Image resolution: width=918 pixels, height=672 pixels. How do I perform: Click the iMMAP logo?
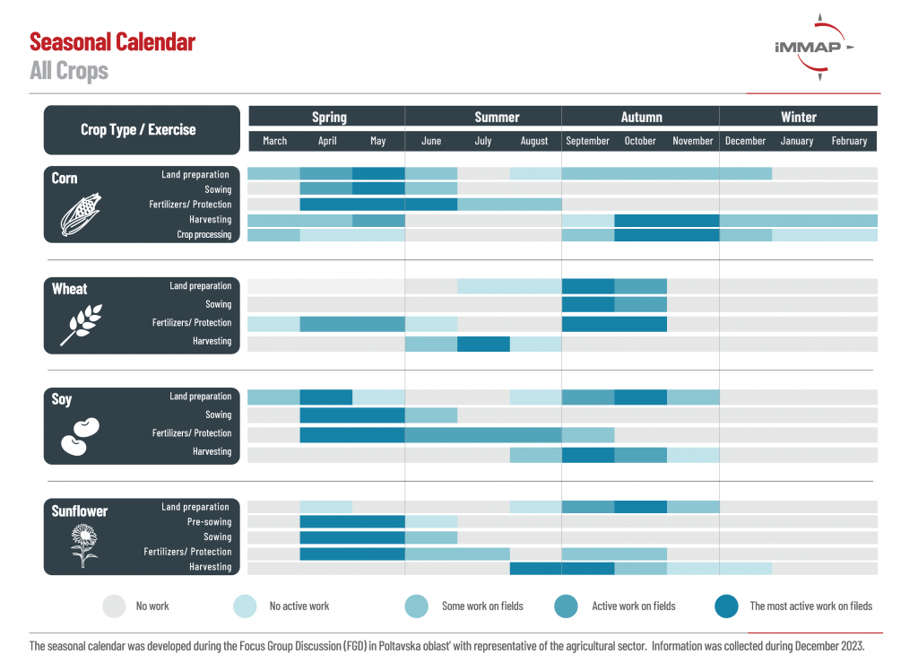tap(814, 47)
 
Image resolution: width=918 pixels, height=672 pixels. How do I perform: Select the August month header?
tap(534, 141)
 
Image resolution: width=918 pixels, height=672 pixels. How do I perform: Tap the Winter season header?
tap(799, 118)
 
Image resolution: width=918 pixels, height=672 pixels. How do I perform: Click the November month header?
tap(693, 141)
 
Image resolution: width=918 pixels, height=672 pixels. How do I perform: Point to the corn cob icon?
tap(81, 214)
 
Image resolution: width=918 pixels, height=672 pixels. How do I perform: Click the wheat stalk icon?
tap(81, 325)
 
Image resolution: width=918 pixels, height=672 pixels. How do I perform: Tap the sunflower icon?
tap(83, 545)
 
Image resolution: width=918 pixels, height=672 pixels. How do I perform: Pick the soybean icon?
tap(80, 436)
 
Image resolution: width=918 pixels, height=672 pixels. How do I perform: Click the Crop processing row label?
tap(204, 234)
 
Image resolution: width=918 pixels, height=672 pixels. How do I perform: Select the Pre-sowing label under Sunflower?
tap(209, 521)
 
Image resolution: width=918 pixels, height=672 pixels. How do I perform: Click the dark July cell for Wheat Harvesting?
tap(483, 344)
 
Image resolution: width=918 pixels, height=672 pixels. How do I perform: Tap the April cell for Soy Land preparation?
tap(326, 397)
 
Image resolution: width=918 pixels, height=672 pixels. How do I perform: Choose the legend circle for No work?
tap(114, 607)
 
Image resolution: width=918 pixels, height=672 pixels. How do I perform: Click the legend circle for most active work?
tap(726, 607)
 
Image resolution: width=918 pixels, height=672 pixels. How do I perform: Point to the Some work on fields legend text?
tap(482, 607)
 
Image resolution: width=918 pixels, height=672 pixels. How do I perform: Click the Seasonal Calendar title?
tap(112, 42)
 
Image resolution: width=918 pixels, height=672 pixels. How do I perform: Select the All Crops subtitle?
tap(69, 71)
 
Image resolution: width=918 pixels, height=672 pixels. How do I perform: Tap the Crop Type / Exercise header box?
tap(142, 130)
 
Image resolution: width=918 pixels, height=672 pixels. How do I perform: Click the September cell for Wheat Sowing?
tap(588, 305)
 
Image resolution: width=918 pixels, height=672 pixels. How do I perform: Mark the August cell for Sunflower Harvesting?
tap(536, 568)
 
